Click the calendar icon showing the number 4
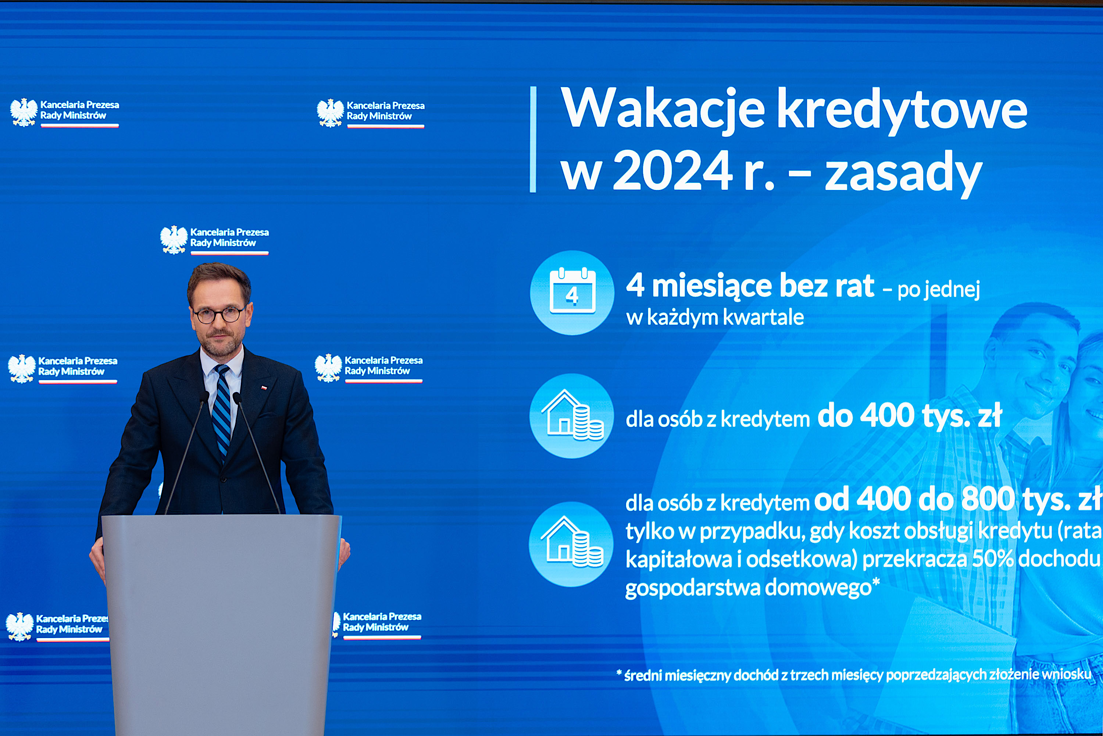[x=572, y=291]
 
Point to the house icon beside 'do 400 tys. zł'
[x=572, y=415]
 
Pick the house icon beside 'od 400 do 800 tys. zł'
[x=572, y=542]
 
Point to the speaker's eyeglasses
[x=219, y=315]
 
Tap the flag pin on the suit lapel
[x=264, y=388]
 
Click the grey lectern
[x=220, y=624]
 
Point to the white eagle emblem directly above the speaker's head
[x=174, y=240]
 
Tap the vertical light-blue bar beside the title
[x=533, y=139]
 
